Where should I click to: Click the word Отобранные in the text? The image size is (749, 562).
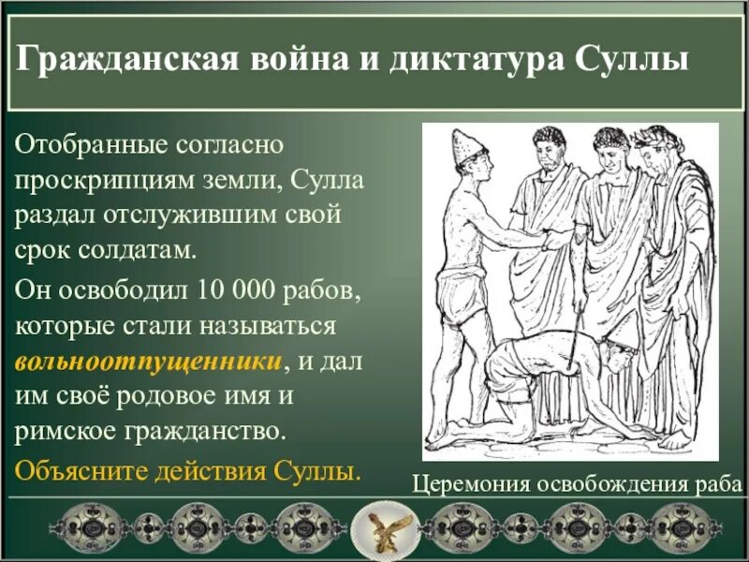tap(89, 147)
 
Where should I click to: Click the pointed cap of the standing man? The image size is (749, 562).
tap(463, 144)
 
